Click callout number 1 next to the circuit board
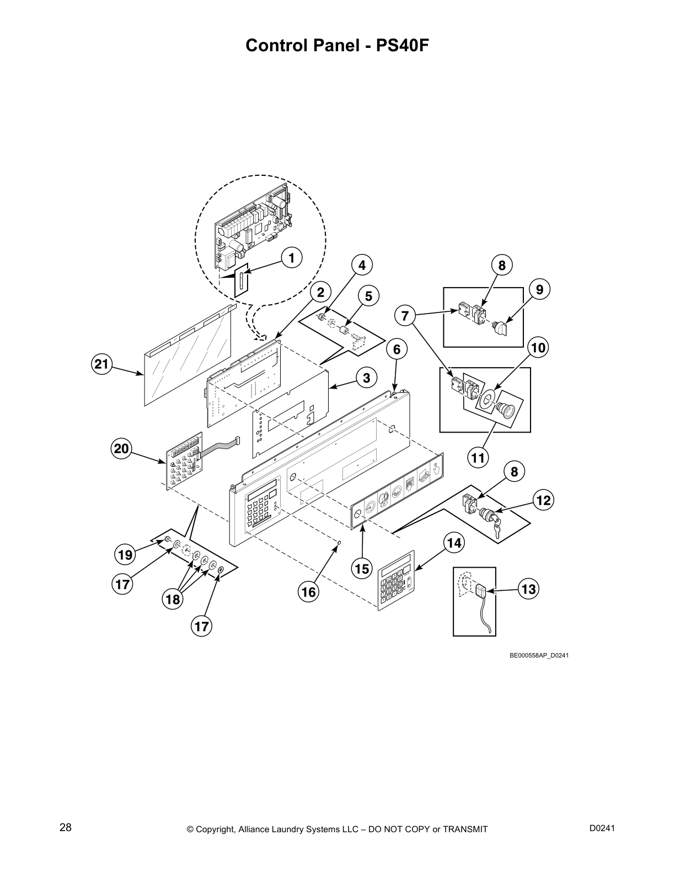click(x=292, y=257)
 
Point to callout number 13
click(x=528, y=589)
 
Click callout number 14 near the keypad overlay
click(x=453, y=543)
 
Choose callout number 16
click(x=308, y=591)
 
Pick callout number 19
click(x=125, y=554)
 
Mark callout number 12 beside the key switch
click(x=543, y=500)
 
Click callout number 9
click(x=539, y=288)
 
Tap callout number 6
click(x=397, y=349)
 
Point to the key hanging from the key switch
click(x=497, y=530)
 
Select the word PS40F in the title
click(x=402, y=45)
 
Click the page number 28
click(x=66, y=828)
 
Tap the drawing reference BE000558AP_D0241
click(x=539, y=655)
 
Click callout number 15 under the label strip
click(x=362, y=568)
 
